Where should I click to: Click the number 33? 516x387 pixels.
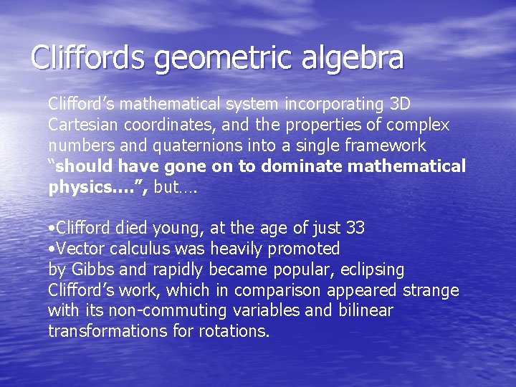point(355,229)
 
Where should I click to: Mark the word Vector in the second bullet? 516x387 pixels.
point(78,249)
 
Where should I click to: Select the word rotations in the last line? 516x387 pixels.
point(231,332)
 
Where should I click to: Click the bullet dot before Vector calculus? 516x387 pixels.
point(51,249)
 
